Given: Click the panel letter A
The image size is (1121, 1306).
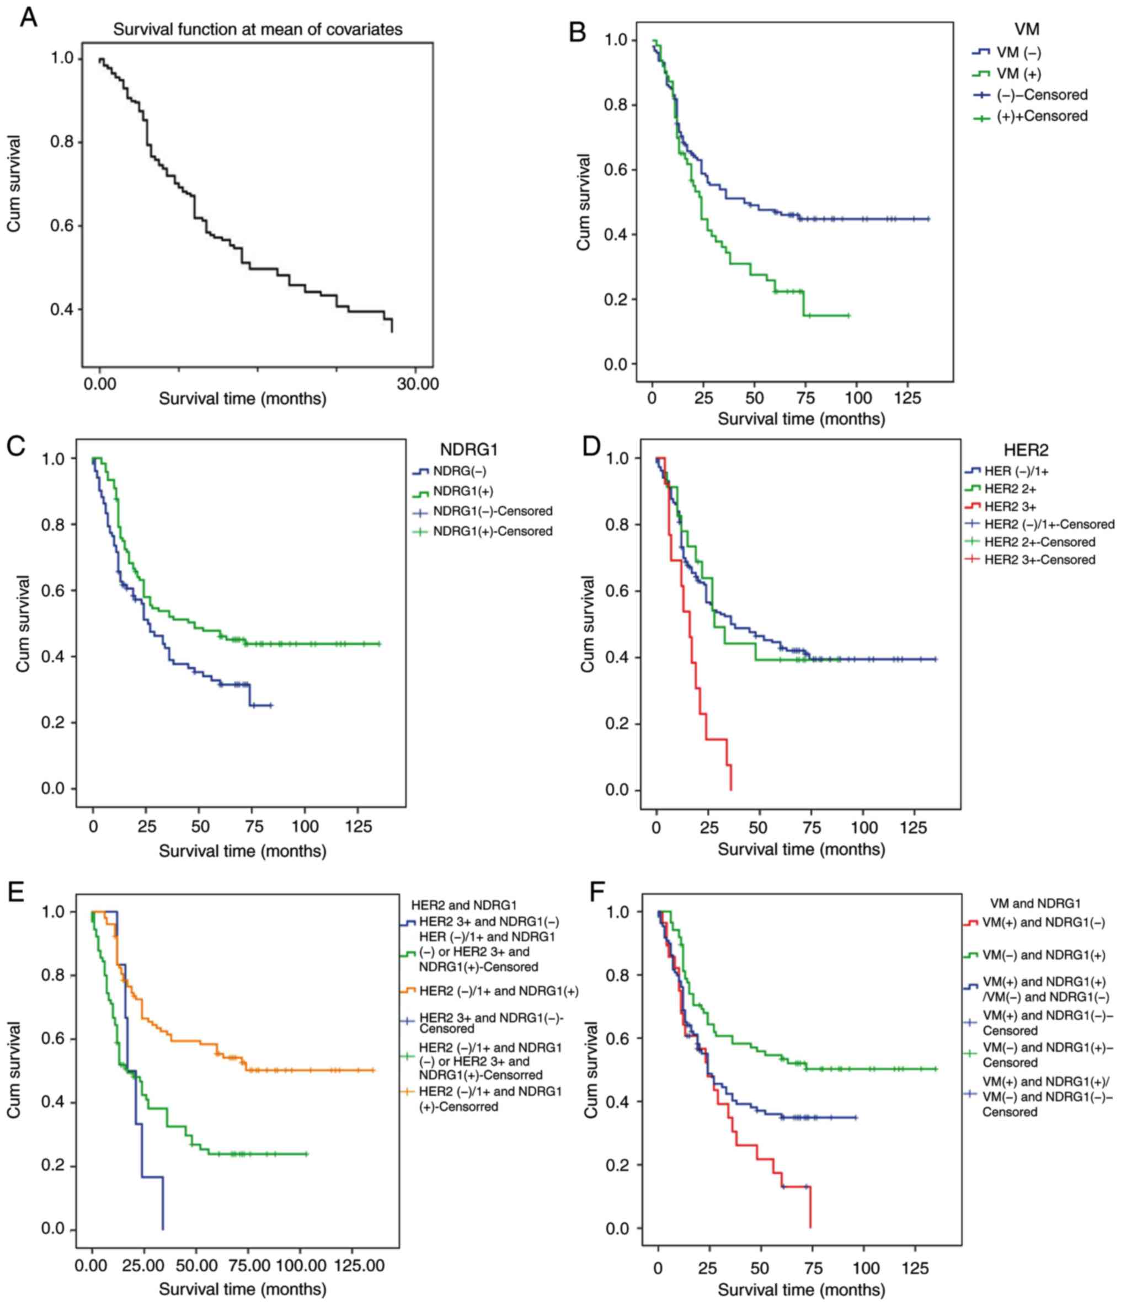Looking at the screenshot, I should click(28, 17).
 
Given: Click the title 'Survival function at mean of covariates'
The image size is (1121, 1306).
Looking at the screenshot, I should click(257, 30).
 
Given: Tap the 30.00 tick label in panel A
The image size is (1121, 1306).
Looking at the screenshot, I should click(418, 384).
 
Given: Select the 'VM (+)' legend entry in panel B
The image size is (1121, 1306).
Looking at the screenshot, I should click(1018, 74).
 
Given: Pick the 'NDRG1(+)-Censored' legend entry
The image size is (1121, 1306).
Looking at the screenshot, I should click(493, 531).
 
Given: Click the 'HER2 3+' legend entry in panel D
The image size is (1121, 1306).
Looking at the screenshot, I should click(1011, 506).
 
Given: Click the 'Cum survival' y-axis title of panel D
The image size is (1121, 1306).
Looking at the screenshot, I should click(588, 624).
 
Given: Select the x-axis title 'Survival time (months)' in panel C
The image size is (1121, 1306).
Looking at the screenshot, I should click(242, 852).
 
